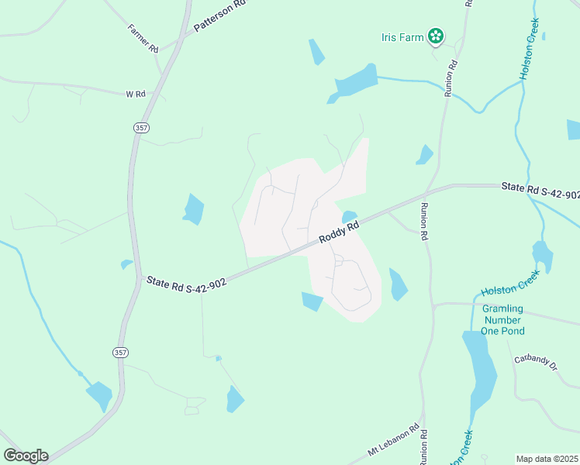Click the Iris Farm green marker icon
437,36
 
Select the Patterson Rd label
219,15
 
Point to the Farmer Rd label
143,38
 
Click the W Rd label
135,94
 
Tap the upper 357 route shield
141,128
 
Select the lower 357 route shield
120,353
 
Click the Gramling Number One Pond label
503,320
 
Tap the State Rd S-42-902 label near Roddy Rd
186,284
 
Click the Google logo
26,456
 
